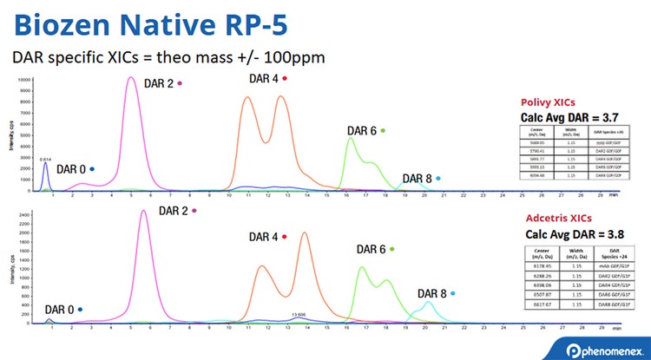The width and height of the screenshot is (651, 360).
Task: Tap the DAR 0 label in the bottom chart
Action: (60, 309)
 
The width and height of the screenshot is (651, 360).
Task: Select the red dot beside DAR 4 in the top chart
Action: (284, 78)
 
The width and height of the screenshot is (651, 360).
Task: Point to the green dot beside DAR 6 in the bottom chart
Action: (391, 249)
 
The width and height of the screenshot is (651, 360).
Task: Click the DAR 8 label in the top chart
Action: (416, 179)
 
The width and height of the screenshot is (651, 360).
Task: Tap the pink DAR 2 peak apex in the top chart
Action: (130, 78)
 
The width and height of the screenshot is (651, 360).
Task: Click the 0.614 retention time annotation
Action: (46, 159)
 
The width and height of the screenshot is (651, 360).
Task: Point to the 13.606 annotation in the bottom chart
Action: (299, 314)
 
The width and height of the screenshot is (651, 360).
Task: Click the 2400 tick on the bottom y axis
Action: (26, 212)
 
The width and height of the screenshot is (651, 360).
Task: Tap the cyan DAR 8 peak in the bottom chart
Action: (427, 303)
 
